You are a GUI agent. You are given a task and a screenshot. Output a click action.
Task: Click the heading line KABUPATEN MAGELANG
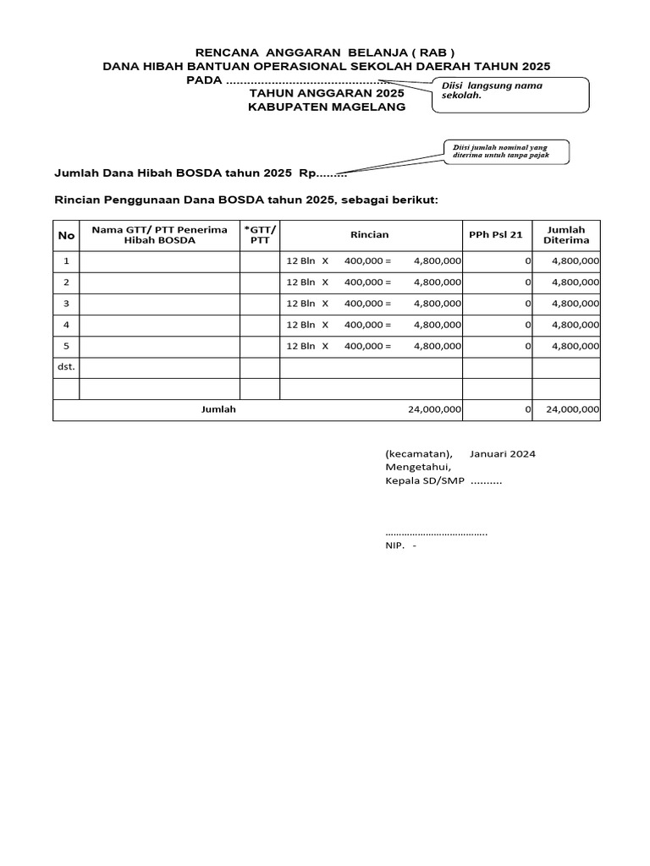(x=327, y=107)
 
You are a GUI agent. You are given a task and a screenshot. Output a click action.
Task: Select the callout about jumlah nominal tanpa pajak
(x=506, y=152)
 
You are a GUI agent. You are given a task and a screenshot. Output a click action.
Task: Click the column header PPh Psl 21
(x=497, y=235)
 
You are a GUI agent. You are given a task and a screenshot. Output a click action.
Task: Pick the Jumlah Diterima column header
(x=565, y=235)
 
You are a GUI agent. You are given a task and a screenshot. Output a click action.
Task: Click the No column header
(x=65, y=235)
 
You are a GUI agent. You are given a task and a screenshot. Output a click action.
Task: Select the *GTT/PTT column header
(x=260, y=235)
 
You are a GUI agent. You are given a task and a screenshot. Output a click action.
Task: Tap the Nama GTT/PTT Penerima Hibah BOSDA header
(x=159, y=235)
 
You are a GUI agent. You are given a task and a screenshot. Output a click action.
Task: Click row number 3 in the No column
(x=65, y=303)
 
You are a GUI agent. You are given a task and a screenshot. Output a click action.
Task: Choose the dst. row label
(x=65, y=367)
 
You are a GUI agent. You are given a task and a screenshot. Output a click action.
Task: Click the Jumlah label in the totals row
(x=218, y=409)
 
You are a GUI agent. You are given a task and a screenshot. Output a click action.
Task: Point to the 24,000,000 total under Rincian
(x=434, y=409)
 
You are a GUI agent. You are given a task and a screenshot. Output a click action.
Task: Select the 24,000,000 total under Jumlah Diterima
(x=573, y=409)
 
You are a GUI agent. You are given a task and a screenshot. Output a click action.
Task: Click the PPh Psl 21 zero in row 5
(x=527, y=346)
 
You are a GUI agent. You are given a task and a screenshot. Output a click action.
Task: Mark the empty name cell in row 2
(x=159, y=282)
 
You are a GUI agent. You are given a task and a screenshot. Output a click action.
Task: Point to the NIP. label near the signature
(x=394, y=545)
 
